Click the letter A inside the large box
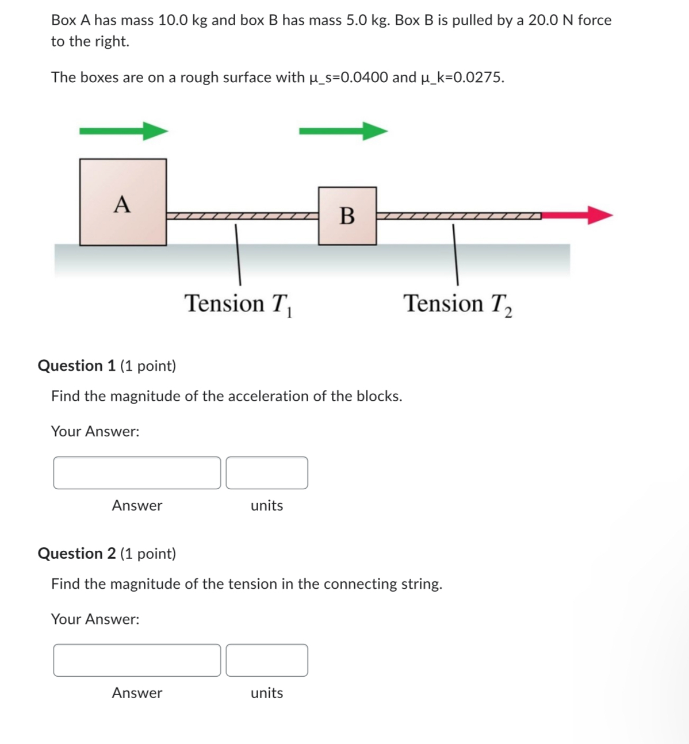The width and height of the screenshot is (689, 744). point(122,204)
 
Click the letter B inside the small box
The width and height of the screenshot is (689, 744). point(347,216)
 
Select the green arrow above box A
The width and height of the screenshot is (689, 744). point(123,131)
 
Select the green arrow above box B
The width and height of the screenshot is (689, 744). point(343,131)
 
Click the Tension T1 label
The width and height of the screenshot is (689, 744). point(238,304)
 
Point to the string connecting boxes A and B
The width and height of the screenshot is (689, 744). point(242,216)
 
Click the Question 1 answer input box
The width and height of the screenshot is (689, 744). point(137,473)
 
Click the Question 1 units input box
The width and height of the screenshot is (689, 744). point(267,473)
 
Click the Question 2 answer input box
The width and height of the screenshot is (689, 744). point(137,660)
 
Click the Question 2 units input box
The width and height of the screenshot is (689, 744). point(267,660)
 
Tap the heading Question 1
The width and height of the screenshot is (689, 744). point(76,366)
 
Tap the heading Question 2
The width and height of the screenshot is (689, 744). point(76,553)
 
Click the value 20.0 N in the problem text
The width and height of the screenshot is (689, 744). point(550,20)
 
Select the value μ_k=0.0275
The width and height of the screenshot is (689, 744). point(462,77)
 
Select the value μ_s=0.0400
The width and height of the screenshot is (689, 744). point(349,77)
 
